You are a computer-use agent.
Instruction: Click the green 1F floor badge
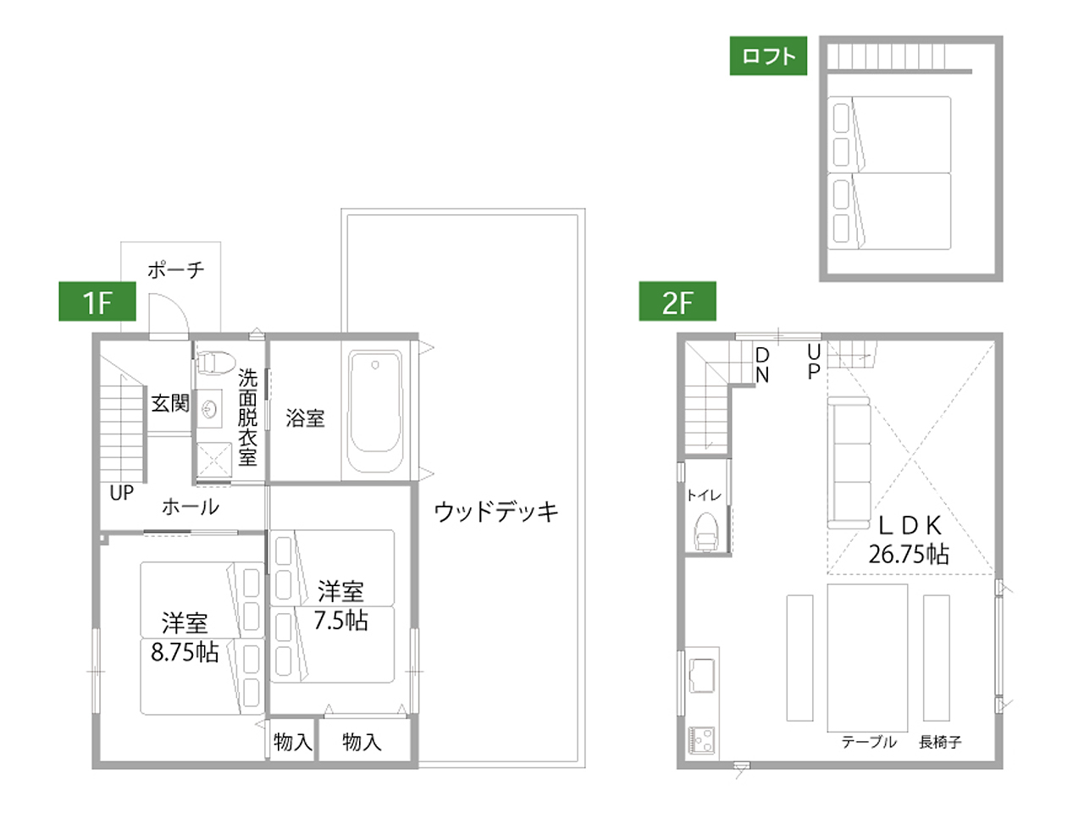point(97,301)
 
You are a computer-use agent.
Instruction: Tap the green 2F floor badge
point(677,301)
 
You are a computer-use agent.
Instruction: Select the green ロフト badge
point(768,56)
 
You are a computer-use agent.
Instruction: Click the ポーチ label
point(176,270)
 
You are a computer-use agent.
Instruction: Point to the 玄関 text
point(170,403)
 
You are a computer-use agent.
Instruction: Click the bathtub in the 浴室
point(375,412)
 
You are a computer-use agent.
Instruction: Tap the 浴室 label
point(305,418)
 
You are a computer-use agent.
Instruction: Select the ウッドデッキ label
point(495,512)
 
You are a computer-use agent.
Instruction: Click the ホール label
point(191,507)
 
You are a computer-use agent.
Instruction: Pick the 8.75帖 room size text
point(185,653)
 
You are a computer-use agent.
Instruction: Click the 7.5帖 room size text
point(340,621)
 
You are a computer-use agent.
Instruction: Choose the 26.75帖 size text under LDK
point(909,554)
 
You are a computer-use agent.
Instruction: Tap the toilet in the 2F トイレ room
point(706,532)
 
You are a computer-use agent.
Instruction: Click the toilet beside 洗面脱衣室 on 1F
point(215,362)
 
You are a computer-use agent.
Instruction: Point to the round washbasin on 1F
point(210,409)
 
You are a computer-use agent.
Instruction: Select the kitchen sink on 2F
point(702,675)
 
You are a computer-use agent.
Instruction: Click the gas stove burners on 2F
point(701,740)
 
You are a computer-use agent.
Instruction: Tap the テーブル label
point(869,742)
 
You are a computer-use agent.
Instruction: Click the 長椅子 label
point(940,742)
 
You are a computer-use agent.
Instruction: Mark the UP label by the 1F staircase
point(121,493)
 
